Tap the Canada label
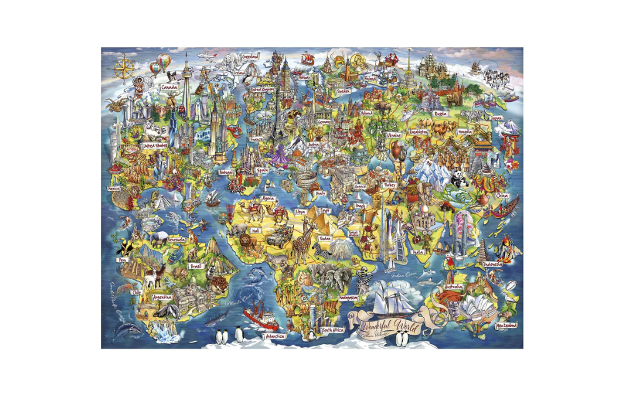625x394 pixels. pyautogui.click(x=169, y=88)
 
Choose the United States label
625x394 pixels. pyautogui.click(x=154, y=146)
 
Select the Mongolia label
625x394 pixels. pyautogui.click(x=465, y=133)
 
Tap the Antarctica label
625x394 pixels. pyautogui.click(x=274, y=336)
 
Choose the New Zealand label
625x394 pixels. pyautogui.click(x=507, y=326)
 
